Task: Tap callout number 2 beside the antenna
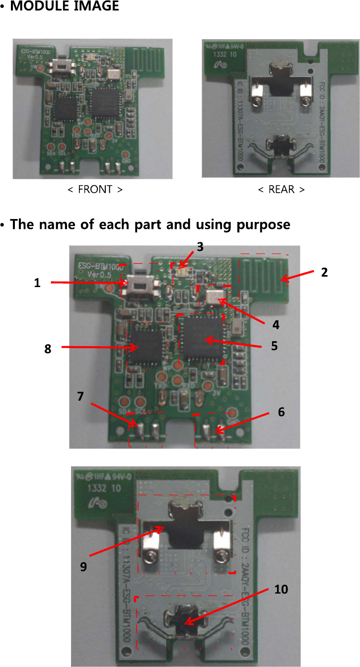click(x=324, y=272)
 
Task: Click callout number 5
click(x=274, y=346)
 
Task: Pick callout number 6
click(x=281, y=412)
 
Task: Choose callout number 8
click(x=48, y=349)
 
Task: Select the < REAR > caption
click(x=281, y=189)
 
